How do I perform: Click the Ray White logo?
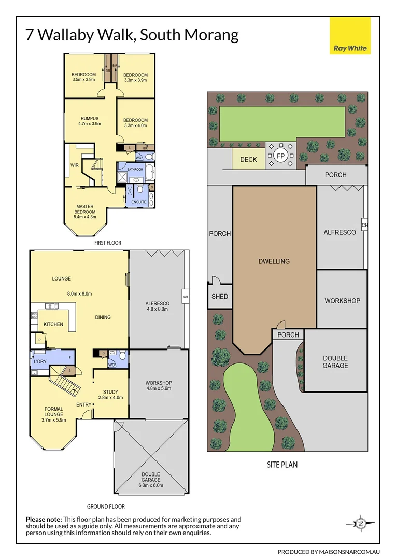tap(350, 35)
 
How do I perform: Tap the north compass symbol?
tap(361, 524)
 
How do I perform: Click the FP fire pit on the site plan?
tap(280, 156)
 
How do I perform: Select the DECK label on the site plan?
tap(248, 160)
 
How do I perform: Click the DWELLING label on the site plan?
tap(274, 261)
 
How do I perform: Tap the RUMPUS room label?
tap(89, 118)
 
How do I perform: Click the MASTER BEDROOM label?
tap(85, 209)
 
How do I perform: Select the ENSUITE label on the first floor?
tap(138, 202)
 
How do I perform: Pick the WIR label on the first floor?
tap(74, 166)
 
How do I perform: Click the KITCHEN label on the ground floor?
tap(53, 325)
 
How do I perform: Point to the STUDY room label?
tap(110, 392)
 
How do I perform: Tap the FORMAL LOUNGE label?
tap(53, 412)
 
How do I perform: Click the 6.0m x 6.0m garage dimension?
tap(150, 486)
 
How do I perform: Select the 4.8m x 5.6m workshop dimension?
tap(159, 388)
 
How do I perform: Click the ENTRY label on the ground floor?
tap(83, 404)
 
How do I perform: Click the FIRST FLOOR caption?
tap(108, 243)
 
